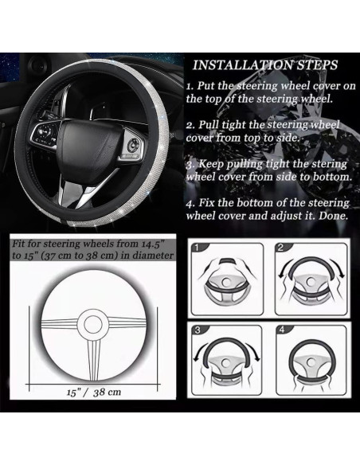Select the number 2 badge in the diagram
coord(280,248)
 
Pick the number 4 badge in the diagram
coord(282,330)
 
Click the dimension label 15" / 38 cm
coord(94,393)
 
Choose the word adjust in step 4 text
coord(284,216)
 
